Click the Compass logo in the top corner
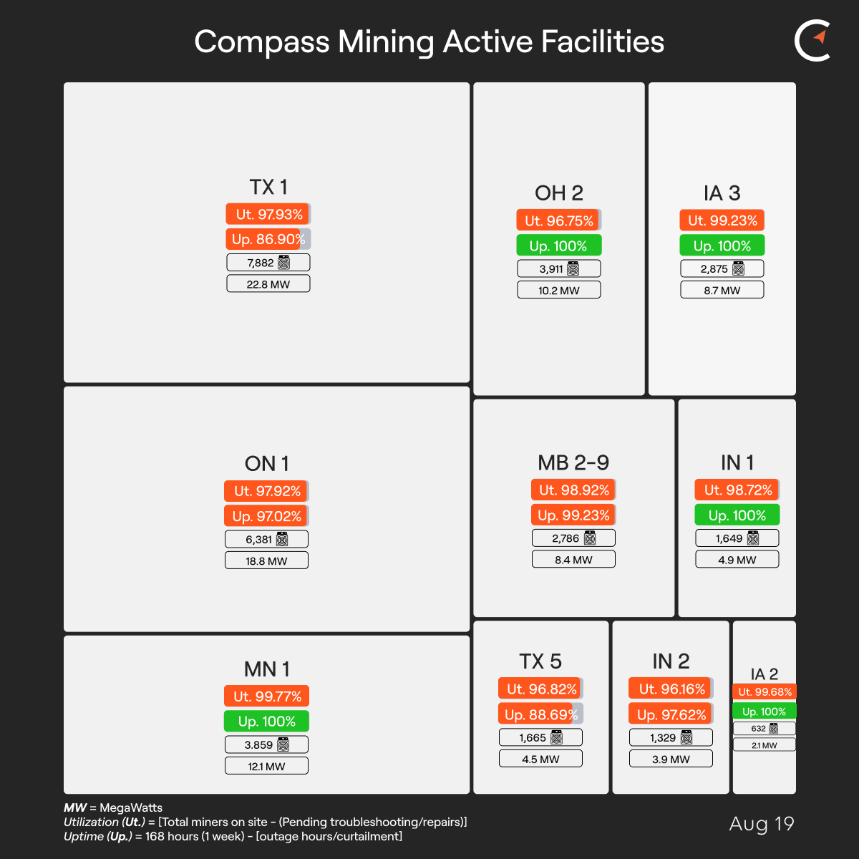coord(812,42)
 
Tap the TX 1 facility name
coord(268,188)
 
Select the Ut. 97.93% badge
coord(268,214)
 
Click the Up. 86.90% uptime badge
coord(268,239)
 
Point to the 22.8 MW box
coord(268,284)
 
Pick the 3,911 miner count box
coord(559,269)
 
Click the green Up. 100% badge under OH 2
coord(559,246)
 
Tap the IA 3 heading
coord(722,193)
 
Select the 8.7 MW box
coord(722,290)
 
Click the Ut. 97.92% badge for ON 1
coord(266,491)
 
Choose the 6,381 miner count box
coord(266,539)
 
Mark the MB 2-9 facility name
coord(573,463)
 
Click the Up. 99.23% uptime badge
coord(573,515)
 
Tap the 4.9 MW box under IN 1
coord(737,560)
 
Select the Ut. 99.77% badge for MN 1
coord(266,697)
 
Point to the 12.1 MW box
coord(266,766)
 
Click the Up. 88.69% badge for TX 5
coord(540,714)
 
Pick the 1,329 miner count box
coord(671,737)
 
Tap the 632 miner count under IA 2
coord(764,729)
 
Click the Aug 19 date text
coord(762,824)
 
